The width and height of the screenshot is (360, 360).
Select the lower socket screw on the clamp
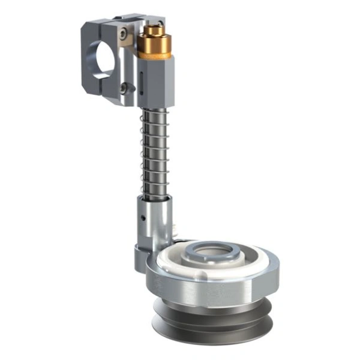tap(124, 88)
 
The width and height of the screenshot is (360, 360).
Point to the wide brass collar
tap(154, 46)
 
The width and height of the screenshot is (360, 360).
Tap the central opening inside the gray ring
tap(211, 253)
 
